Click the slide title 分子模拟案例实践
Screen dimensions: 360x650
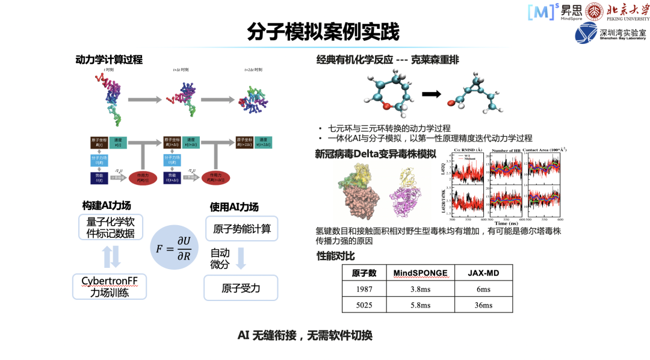(x=323, y=31)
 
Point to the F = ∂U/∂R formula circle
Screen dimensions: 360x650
(x=175, y=247)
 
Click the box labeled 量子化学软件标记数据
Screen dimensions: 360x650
(x=111, y=228)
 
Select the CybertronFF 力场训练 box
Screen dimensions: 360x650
(x=110, y=287)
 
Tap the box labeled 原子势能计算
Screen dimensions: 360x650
(x=241, y=229)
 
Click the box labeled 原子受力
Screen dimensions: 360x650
(x=241, y=288)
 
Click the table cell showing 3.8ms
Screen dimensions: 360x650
(x=420, y=289)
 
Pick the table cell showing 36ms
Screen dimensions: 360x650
(x=483, y=305)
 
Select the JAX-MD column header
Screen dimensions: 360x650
(x=483, y=273)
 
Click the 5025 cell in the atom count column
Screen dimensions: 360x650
(x=364, y=305)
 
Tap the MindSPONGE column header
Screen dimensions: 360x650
(x=420, y=273)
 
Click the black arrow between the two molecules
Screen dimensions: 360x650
(x=430, y=94)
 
